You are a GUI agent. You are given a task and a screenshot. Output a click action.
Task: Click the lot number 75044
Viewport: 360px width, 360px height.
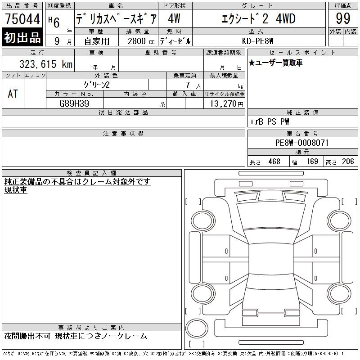coord(22,19)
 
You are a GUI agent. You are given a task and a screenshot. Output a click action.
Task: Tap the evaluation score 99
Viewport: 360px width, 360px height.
coord(343,18)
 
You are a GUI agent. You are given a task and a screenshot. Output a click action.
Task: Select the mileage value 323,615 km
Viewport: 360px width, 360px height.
coord(46,64)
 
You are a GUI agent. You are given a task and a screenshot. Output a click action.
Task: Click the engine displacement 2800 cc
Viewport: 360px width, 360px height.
coord(141,41)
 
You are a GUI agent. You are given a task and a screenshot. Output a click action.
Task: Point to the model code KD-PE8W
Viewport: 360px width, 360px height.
coord(257,41)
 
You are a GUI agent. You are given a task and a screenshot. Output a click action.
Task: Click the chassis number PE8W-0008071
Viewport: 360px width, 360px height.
coord(302,143)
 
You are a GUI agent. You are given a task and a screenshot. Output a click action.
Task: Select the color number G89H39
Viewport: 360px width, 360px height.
coord(74,103)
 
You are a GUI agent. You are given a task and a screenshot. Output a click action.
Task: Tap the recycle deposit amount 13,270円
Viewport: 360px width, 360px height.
coord(227,104)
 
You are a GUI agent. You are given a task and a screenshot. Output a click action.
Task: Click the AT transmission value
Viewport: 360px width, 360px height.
coord(13,94)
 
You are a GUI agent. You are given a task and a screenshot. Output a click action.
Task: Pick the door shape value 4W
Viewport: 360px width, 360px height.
coord(174,18)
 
